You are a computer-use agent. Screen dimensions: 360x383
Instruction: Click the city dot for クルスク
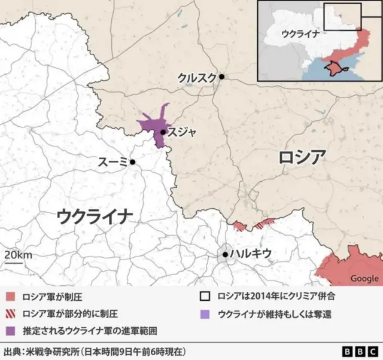221,77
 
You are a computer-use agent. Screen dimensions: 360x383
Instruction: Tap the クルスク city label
197,77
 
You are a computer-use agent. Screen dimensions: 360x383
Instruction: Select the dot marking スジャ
163,132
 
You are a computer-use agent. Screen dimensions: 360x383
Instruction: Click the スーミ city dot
132,162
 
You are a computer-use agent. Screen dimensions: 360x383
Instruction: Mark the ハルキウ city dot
225,254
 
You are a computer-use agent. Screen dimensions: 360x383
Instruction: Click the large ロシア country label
302,158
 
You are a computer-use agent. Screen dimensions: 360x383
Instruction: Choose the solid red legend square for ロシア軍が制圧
10,296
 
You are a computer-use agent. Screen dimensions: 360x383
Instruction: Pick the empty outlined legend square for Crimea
205,296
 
